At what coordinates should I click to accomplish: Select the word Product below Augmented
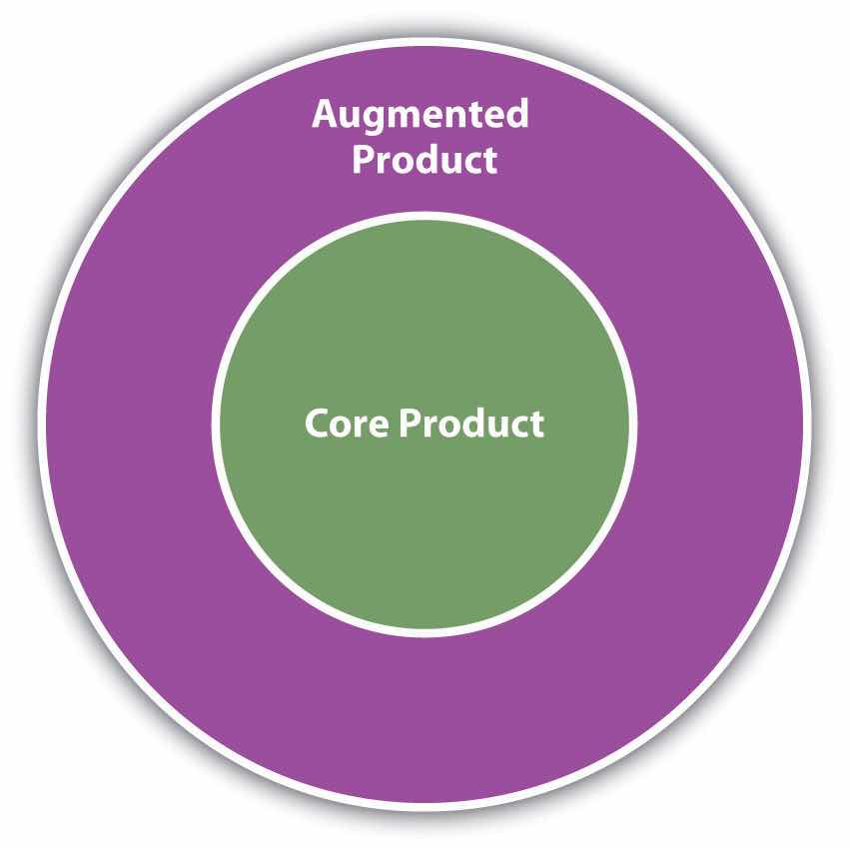click(x=424, y=160)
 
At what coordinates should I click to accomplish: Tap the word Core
click(x=346, y=424)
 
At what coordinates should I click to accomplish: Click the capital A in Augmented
click(x=324, y=115)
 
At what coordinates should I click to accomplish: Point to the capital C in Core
click(x=316, y=424)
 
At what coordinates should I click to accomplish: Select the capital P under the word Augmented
click(x=363, y=160)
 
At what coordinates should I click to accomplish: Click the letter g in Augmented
click(x=368, y=120)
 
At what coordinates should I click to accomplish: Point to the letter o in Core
click(x=339, y=425)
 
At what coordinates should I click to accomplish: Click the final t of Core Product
click(x=537, y=424)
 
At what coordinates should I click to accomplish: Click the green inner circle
click(x=424, y=519)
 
